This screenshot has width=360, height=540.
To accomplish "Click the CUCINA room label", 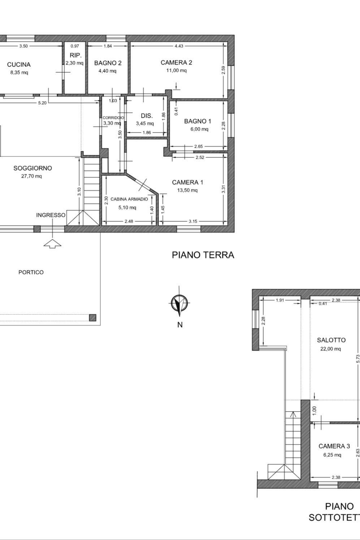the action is (19, 65).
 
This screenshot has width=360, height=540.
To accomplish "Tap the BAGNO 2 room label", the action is (108, 63).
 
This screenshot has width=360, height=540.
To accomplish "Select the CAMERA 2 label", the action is (176, 63).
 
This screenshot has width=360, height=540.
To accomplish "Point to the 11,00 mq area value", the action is (176, 70).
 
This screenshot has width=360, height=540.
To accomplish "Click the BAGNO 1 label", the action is (198, 121).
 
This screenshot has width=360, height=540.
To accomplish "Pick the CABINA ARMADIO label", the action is (129, 199).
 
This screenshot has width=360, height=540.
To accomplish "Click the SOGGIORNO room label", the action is (32, 168).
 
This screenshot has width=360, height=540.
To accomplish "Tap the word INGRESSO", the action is (51, 215).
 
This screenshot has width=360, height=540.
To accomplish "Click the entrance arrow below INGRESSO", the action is (52, 244).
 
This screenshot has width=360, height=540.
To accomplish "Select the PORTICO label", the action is (31, 273).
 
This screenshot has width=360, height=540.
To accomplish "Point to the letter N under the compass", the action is (180, 325).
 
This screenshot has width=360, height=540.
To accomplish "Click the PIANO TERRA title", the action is (203, 255).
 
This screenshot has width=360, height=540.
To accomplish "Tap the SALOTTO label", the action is (331, 340).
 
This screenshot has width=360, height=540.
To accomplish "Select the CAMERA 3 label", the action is (334, 446).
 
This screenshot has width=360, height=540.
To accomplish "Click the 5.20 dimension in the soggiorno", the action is (42, 103).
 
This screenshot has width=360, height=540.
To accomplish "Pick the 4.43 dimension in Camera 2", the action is (179, 46).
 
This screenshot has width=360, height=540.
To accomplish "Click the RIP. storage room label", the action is (75, 56).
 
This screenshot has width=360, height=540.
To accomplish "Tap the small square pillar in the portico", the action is (92, 318).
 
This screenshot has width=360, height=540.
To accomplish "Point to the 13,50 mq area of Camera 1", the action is (187, 190).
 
